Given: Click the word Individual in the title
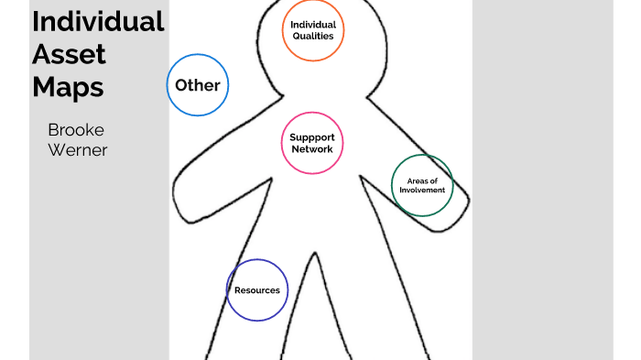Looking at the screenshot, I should point(98,21).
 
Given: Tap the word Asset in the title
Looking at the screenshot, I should point(70,54).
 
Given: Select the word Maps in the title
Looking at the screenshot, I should point(68,88).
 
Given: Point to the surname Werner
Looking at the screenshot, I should point(78,149).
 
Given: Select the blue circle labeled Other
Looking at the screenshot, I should point(198,85).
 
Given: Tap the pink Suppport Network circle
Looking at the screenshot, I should point(312,143).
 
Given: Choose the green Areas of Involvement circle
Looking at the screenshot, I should point(422,185).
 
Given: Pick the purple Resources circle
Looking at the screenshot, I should point(257,290).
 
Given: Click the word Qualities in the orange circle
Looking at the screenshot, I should point(313,37).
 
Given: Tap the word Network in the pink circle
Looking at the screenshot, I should point(312,148).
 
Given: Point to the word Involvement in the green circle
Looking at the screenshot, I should point(422,191).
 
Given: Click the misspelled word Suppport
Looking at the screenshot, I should point(312,137).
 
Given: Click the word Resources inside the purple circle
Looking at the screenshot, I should point(257,290).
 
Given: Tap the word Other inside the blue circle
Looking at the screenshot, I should point(198,85).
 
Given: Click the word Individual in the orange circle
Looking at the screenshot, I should point(313,25).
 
